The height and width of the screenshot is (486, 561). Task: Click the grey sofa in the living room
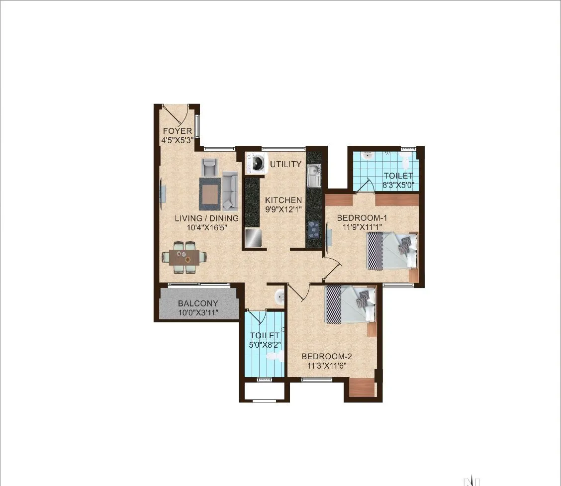[x=230, y=190]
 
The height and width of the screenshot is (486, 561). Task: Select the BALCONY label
[x=198, y=303]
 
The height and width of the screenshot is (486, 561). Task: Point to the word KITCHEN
[x=283, y=200]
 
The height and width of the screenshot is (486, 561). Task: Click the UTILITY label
[x=285, y=164]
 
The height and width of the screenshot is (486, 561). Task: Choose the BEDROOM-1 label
[x=362, y=217]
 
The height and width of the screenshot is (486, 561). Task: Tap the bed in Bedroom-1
[x=392, y=251]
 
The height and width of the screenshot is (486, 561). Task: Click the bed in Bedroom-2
[x=350, y=303]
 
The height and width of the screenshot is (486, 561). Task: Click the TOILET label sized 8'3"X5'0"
[x=398, y=176]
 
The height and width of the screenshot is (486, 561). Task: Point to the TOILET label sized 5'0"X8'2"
[x=265, y=335]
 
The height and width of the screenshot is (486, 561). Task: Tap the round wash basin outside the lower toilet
[x=280, y=297]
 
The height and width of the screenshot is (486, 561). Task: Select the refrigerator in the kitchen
[x=253, y=237]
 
